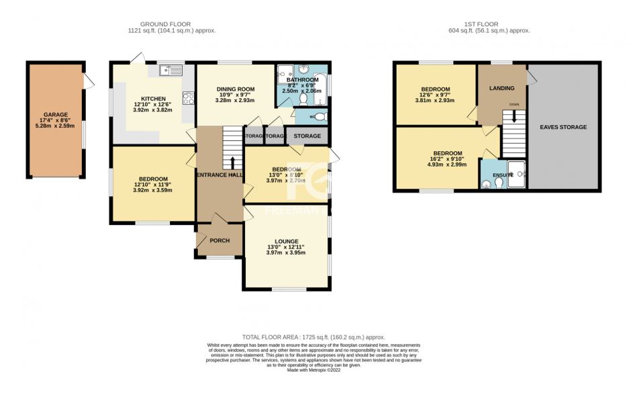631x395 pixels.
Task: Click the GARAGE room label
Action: (x=55, y=115)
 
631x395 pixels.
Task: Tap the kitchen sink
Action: (x=171, y=69)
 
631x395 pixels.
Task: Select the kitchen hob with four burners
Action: (x=188, y=99)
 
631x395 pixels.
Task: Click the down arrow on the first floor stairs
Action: (x=514, y=116)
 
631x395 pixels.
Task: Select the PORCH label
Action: (x=220, y=240)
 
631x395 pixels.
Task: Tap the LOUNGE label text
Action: (x=286, y=241)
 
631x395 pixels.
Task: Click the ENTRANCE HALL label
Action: (x=220, y=175)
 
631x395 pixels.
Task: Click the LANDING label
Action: (x=501, y=88)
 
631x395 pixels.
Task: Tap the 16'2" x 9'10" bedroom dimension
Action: (x=446, y=159)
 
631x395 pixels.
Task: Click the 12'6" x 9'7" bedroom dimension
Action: (x=435, y=95)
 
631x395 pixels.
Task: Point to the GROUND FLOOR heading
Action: (x=172, y=24)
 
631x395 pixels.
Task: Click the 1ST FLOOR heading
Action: (x=489, y=24)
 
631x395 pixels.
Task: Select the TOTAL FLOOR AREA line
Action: (x=313, y=337)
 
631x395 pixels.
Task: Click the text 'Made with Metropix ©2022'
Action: (x=315, y=370)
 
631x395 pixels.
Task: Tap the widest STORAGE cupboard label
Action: (x=307, y=136)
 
